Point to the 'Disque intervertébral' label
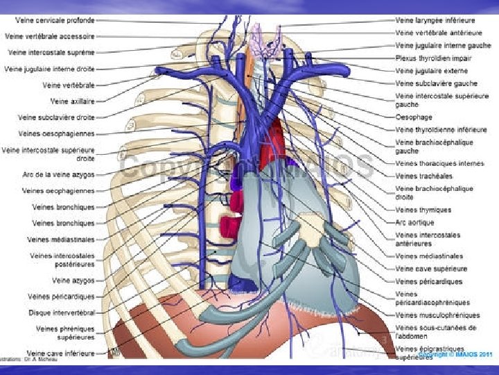62,312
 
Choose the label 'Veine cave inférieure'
60,353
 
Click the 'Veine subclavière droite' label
56,117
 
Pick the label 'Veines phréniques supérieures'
65,333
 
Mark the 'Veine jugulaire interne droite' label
50,69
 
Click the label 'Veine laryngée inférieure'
435,21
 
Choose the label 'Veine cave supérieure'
431,269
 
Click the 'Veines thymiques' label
423,210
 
